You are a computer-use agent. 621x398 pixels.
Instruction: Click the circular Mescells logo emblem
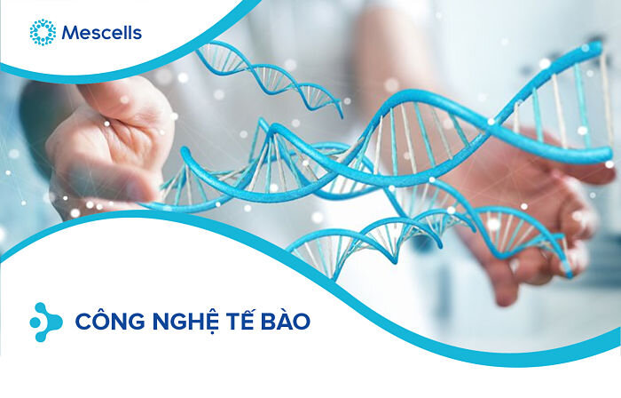click(x=42, y=33)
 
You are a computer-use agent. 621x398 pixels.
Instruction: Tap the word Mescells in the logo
click(x=101, y=34)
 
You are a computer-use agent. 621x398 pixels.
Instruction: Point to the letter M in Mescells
click(x=70, y=34)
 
